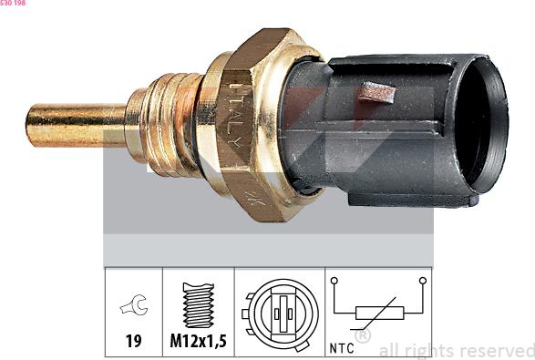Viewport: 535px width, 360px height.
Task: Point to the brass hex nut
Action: click(x=260, y=123)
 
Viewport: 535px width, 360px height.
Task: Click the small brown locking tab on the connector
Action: click(x=376, y=92)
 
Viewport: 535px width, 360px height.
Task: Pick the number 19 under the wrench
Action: click(x=133, y=343)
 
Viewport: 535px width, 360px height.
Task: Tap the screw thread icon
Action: click(x=198, y=304)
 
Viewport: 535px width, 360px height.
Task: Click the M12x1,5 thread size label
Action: click(x=198, y=343)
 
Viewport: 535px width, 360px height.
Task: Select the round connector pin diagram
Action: click(x=279, y=311)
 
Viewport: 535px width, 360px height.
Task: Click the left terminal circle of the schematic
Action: click(x=334, y=281)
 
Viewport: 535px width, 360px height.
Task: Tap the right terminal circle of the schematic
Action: click(x=422, y=281)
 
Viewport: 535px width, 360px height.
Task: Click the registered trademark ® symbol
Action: click(x=362, y=335)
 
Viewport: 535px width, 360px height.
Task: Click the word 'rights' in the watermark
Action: click(x=428, y=350)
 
